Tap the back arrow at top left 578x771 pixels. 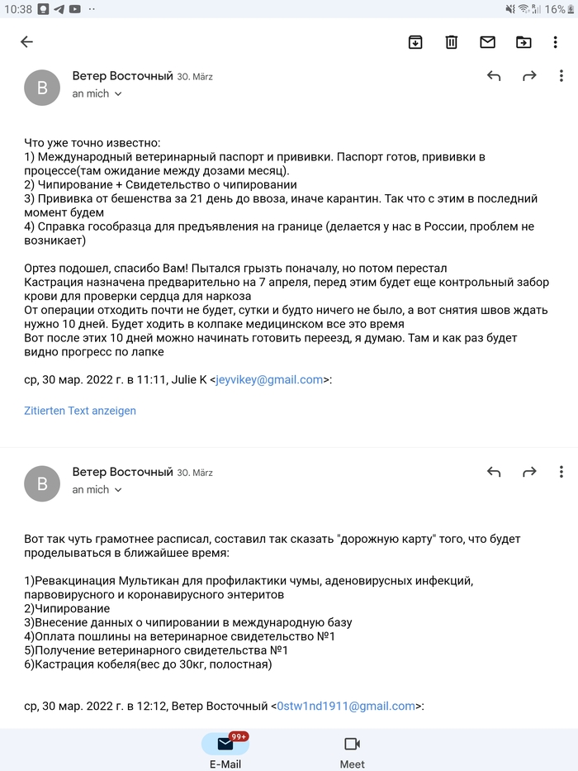point(26,42)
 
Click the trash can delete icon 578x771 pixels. point(452,42)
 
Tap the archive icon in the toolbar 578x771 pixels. point(415,42)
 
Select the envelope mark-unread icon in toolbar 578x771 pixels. point(487,42)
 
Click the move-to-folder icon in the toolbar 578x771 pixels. point(524,42)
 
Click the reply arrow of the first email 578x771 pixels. point(494,76)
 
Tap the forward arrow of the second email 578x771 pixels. point(529,472)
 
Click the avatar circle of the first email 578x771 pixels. point(42,88)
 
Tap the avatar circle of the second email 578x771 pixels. point(42,483)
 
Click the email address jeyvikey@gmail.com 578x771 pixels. point(269,380)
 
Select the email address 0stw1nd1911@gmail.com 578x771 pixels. point(345,706)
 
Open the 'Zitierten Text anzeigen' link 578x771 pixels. point(80,411)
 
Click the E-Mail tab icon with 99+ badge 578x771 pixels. point(225,744)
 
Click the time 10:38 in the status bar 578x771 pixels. point(17,9)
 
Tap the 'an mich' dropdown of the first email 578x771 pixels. point(97,94)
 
